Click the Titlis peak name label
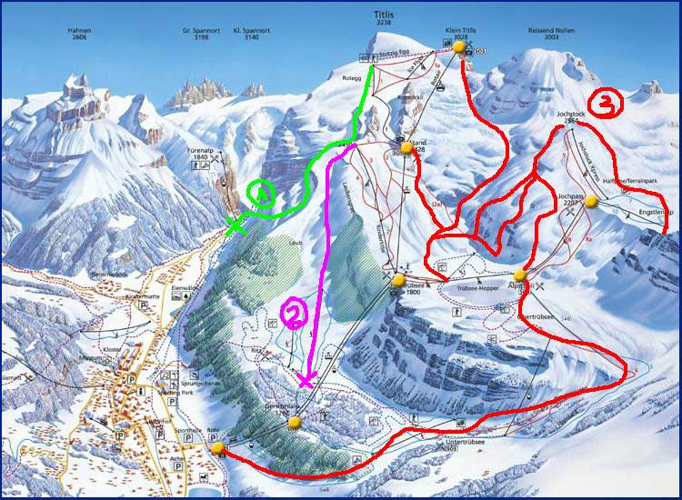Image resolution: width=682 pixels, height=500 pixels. click(385, 15)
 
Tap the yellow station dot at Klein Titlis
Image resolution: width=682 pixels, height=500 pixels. click(459, 47)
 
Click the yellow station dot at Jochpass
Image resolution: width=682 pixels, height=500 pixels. click(591, 202)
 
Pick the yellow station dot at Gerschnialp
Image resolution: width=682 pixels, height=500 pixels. click(294, 422)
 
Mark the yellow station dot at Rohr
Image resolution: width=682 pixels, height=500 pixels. click(217, 447)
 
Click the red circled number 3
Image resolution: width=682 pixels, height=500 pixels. click(607, 105)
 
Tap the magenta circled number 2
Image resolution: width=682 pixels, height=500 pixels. click(296, 315)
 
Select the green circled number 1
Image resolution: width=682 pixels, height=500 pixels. click(261, 194)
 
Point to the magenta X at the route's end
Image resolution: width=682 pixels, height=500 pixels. click(306, 382)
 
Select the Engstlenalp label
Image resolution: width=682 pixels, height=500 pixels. click(656, 213)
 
